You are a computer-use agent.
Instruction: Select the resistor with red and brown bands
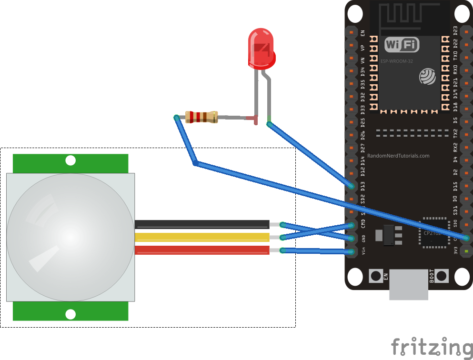(x=201, y=117)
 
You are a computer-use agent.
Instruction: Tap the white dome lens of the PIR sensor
(x=70, y=237)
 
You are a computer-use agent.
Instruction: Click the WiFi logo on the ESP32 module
(x=402, y=45)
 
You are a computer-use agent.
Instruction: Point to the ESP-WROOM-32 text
(x=397, y=61)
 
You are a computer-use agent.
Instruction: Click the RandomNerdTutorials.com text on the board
(x=398, y=156)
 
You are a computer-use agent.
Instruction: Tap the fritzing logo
(x=432, y=347)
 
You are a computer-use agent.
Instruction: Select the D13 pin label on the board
(x=363, y=186)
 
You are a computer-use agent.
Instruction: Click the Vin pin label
(x=363, y=251)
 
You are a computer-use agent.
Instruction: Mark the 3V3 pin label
(x=455, y=250)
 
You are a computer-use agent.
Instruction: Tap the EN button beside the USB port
(x=376, y=276)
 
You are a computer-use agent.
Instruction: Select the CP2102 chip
(x=434, y=234)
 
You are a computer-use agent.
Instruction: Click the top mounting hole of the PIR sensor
(x=70, y=160)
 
